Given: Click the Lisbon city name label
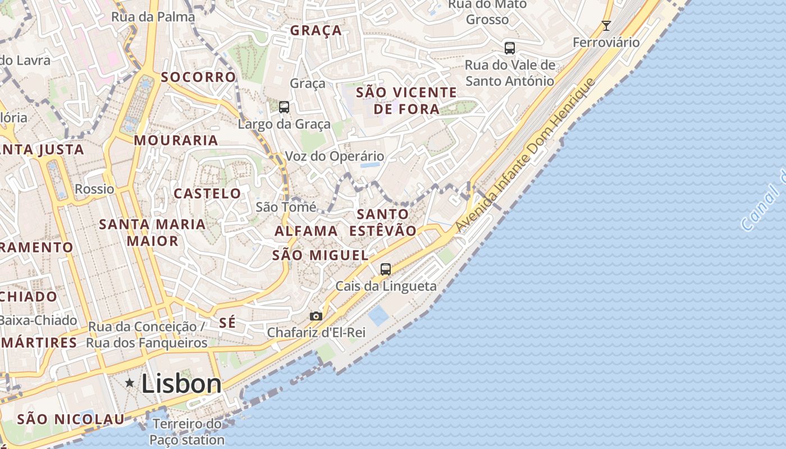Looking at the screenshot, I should [181, 384].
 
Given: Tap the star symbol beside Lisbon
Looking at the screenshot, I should [130, 383].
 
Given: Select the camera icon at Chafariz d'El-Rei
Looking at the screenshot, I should [316, 316].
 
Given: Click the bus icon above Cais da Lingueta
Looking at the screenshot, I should [385, 269].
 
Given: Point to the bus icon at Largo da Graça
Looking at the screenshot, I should [284, 107].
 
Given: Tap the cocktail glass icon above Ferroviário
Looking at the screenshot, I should [606, 26].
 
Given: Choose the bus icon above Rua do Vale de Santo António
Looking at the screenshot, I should [509, 48].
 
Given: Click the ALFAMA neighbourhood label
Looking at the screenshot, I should [306, 231].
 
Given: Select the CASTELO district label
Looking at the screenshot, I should [207, 194].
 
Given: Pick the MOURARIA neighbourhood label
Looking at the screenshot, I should [176, 140].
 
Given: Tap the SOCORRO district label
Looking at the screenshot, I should [199, 77].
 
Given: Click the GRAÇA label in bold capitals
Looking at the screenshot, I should [316, 30].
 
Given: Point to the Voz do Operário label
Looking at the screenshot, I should [335, 157].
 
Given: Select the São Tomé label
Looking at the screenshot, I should [286, 207].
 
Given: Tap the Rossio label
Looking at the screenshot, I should [94, 189].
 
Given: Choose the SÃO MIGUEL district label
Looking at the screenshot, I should [320, 255].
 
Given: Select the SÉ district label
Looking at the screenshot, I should [227, 323].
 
